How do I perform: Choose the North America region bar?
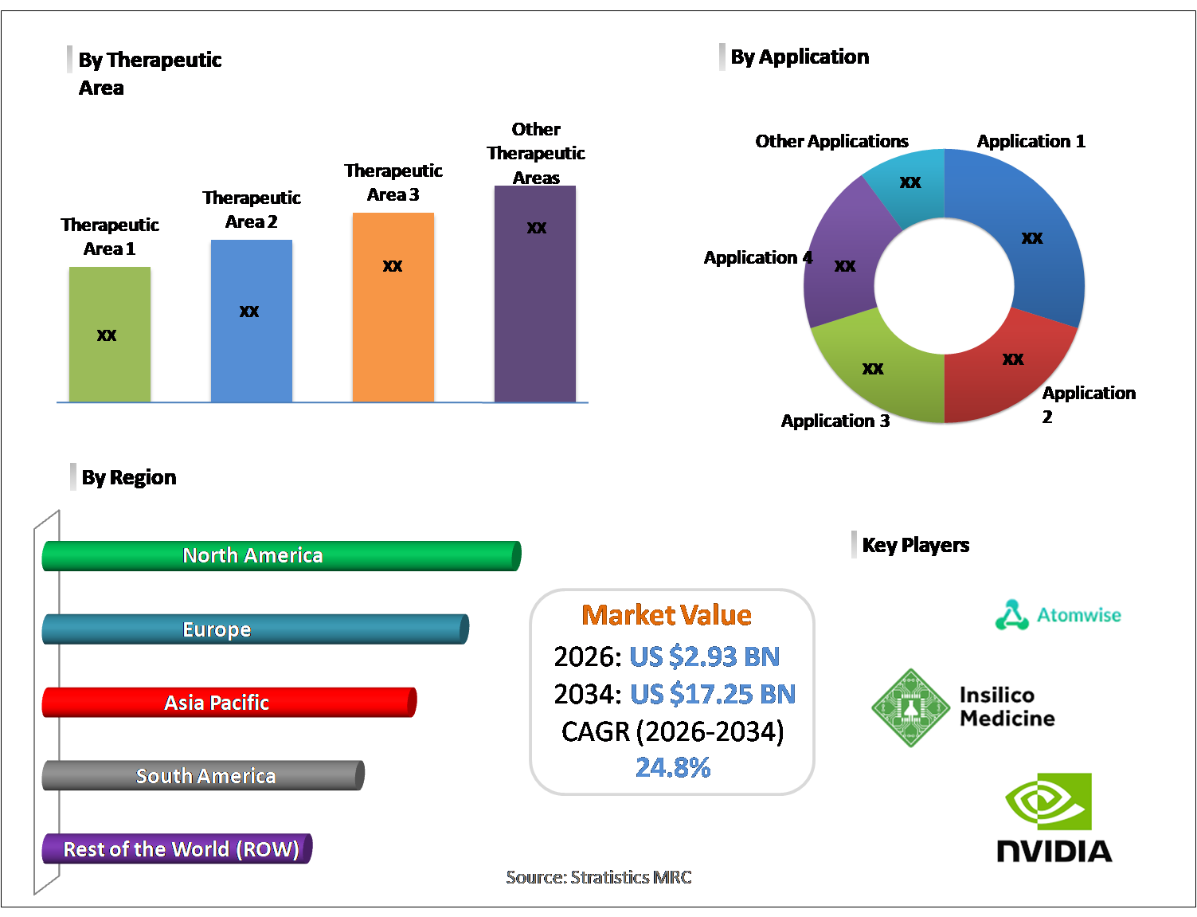pos(281,556)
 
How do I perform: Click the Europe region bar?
pos(255,629)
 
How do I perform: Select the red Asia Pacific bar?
pos(229,703)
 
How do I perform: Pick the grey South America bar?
pos(203,776)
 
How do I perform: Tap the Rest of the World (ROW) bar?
pos(177,849)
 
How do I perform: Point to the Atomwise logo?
pos(1058,615)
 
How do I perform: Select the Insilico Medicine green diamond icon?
pos(911,707)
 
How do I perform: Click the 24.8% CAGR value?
pos(673,767)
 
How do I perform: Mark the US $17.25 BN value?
pos(713,694)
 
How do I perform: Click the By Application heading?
pos(800,57)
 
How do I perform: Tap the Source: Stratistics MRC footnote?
pos(599,877)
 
